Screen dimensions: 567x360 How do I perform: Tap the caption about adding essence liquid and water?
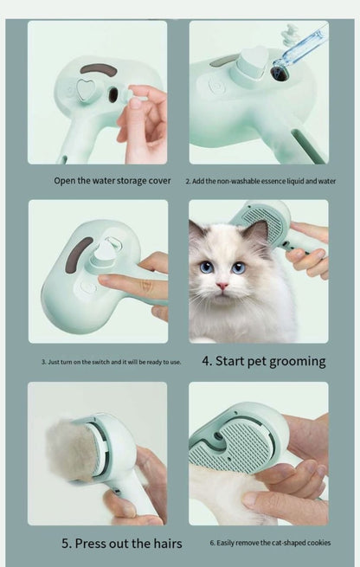260,181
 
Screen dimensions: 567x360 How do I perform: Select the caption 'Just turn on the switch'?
112,361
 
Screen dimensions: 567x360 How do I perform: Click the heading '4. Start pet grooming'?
263,360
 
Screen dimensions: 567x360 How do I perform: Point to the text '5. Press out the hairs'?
121,543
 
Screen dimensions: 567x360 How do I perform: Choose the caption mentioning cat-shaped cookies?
270,543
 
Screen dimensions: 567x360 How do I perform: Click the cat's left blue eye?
208,267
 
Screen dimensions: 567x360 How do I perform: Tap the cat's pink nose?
222,286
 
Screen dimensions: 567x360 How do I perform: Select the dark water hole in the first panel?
112,94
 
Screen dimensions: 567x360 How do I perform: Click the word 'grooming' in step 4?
291,360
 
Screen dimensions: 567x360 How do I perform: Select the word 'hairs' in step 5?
163,543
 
